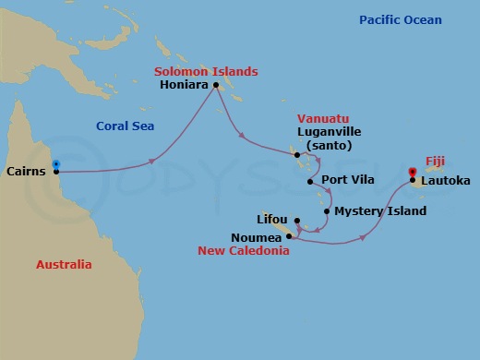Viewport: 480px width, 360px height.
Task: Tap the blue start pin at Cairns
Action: click(56, 166)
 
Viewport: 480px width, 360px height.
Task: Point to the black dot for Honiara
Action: click(216, 86)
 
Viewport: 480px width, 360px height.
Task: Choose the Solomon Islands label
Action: click(206, 71)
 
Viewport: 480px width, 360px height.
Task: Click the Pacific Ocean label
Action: click(401, 20)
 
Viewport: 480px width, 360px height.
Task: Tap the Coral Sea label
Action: click(126, 126)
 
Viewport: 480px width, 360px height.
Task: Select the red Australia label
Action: click(64, 265)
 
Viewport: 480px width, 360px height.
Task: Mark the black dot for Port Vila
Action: click(310, 182)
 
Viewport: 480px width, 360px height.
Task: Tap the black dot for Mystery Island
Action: click(327, 211)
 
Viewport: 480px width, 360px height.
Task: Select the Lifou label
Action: click(271, 221)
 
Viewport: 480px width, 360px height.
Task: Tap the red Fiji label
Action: click(435, 160)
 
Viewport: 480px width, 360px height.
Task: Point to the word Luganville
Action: click(325, 132)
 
